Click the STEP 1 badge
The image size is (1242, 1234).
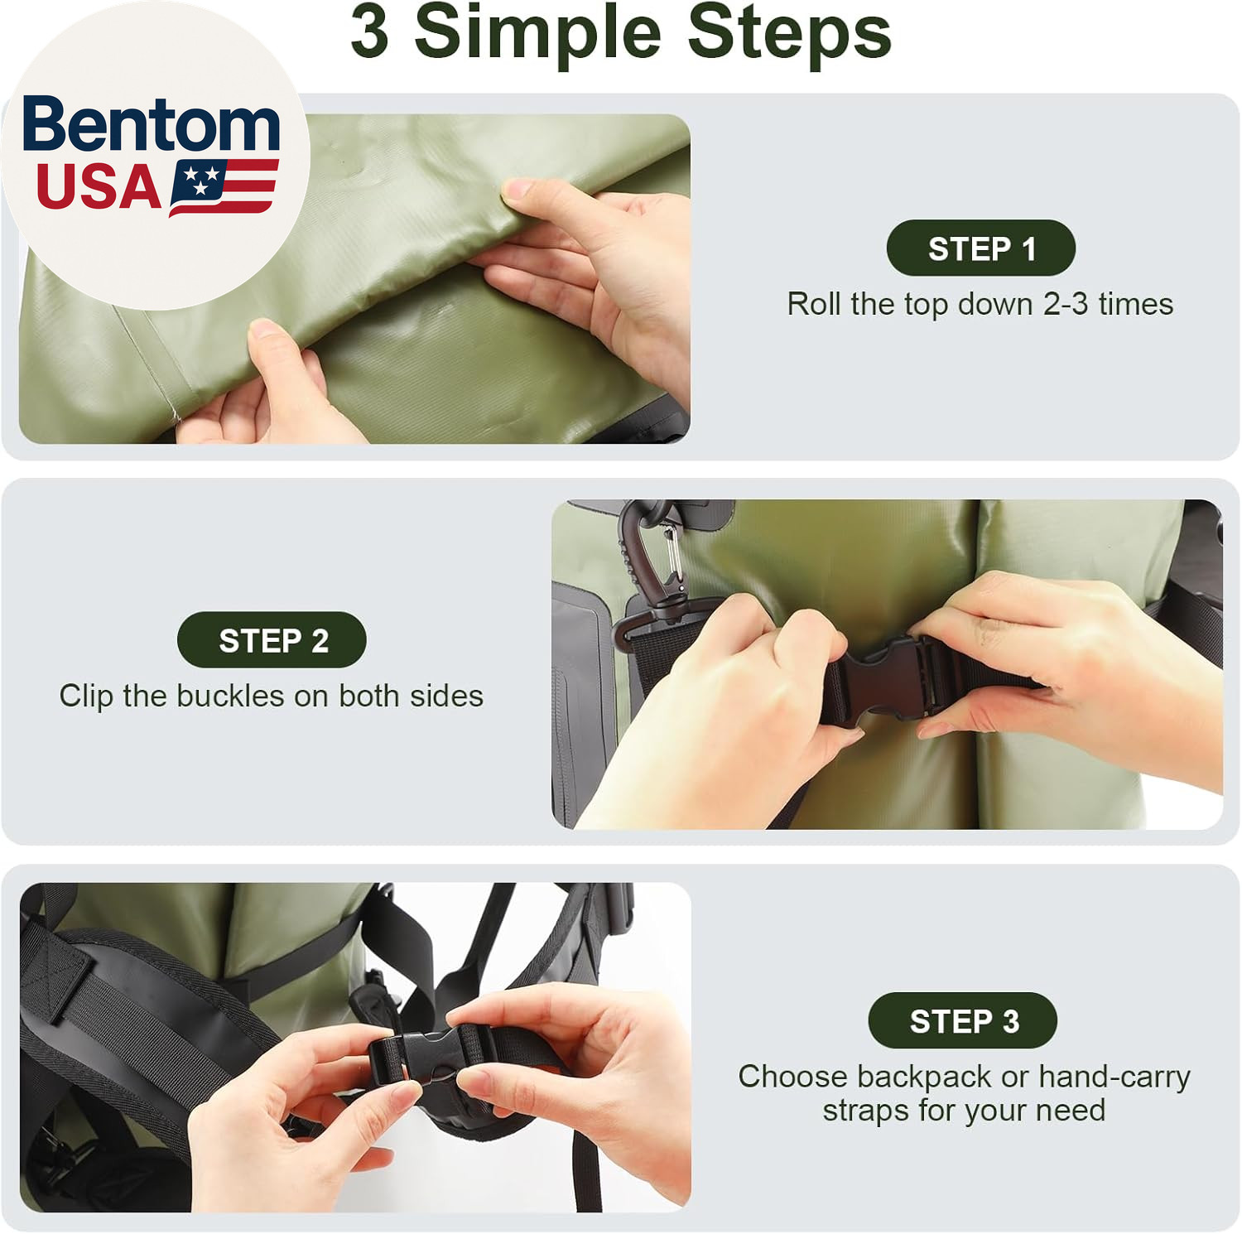981,248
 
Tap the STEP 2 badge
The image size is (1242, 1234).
272,640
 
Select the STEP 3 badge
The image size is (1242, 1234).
963,1020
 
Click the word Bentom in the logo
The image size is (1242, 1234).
152,124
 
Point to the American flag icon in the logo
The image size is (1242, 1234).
224,187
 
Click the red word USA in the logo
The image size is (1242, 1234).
99,187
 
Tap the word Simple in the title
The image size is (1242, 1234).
537,33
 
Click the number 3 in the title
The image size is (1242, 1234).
369,31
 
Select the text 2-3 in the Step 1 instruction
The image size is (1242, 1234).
1066,304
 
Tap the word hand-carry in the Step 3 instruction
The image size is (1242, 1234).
1114,1077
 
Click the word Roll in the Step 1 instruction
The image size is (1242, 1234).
814,304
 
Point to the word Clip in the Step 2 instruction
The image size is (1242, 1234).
86,697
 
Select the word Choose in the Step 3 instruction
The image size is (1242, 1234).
792,1077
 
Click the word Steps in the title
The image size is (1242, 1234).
789,33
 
